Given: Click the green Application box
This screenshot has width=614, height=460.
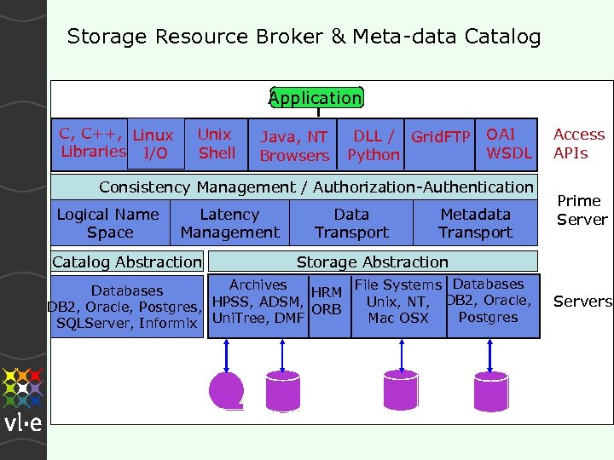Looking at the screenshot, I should pos(316,98).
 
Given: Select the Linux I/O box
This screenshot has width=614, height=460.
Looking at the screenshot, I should pos(154,144).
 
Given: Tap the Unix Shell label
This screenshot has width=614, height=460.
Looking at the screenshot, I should pos(216,144).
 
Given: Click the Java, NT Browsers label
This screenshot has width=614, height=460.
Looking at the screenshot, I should pos(294,146).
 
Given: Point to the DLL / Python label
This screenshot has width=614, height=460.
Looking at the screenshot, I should pos(374,146).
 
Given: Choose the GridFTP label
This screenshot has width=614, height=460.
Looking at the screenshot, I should pos(441,136).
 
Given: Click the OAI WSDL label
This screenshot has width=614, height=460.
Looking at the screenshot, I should pos(508,144).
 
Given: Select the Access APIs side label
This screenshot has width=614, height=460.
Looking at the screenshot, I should pos(578,144).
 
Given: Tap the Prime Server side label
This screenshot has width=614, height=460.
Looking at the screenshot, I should pos(582,210).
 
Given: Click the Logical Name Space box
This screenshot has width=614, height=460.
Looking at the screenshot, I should pos(109,223).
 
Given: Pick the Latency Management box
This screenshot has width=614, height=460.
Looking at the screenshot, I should pos(229,223).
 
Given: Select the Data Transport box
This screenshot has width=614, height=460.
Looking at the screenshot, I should pos(351,223).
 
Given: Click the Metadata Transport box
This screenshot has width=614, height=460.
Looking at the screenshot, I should pos(475,223).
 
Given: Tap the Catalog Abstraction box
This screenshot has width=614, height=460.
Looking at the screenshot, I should pos(127,262).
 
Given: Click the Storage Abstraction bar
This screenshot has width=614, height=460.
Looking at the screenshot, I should pos(373,262).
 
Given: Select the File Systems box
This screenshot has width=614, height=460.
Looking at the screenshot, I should pos(397,302).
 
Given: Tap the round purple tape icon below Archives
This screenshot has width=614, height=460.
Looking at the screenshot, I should pos(227,388).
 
